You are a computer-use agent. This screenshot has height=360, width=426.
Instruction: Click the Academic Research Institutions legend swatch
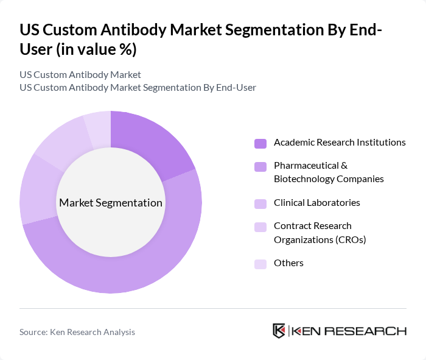[260, 143]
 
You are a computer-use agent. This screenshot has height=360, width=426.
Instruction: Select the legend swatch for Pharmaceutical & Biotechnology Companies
[260, 166]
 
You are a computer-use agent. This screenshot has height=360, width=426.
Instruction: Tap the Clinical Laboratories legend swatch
[260, 203]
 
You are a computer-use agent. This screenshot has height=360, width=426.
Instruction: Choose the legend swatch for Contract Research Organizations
[260, 227]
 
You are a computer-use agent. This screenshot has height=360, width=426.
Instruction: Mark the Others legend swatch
[260, 264]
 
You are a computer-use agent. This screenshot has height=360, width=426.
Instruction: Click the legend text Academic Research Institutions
[340, 143]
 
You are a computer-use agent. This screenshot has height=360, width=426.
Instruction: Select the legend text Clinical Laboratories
[316, 203]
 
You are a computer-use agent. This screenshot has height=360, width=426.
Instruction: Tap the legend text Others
[288, 263]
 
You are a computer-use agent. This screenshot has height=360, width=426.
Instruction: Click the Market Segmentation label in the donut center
[111, 203]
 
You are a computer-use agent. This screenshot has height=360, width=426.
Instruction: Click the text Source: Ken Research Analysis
[77, 332]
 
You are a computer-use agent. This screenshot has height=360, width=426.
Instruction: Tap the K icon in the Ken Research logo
[279, 331]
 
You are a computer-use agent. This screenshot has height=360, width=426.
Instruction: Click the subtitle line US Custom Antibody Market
[80, 74]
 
